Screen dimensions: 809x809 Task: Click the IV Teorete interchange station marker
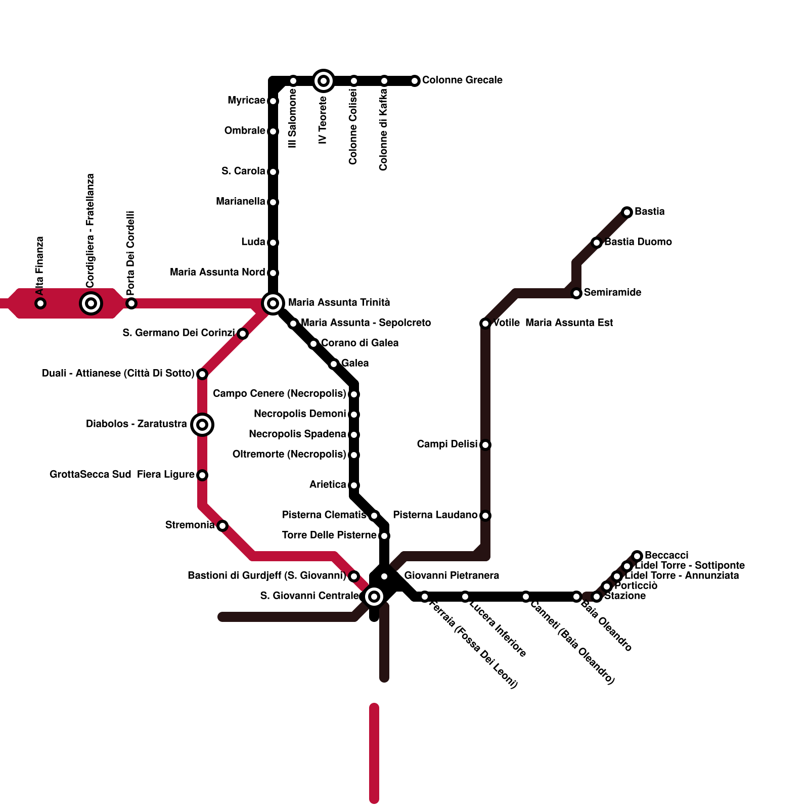[x=324, y=81]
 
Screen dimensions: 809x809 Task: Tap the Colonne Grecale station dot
[x=415, y=81]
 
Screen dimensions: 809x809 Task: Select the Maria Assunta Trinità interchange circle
[x=273, y=303]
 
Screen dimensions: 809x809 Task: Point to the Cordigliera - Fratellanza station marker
[x=91, y=303]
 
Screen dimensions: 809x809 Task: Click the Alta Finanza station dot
[x=40, y=303]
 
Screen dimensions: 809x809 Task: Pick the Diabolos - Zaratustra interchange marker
[x=202, y=425]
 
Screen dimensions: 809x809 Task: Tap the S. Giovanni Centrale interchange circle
[x=374, y=597]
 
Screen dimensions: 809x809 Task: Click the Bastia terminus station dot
[x=627, y=212]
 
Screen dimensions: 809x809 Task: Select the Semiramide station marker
[x=576, y=293]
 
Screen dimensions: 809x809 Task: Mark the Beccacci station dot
[x=637, y=556]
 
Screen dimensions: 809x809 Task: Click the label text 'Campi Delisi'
[x=447, y=444]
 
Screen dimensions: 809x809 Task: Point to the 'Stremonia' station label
[x=190, y=525]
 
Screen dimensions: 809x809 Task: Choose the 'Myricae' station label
[x=246, y=100]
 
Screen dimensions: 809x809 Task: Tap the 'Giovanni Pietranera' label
[x=452, y=575]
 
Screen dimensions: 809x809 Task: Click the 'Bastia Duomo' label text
[x=638, y=242]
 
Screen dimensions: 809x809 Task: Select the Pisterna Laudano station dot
[x=485, y=516]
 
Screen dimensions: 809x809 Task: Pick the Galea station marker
[x=334, y=364]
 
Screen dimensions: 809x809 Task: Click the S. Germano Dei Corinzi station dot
[x=243, y=334]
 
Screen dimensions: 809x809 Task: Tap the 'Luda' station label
[x=253, y=242]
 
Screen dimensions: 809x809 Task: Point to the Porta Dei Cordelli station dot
[x=131, y=303]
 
